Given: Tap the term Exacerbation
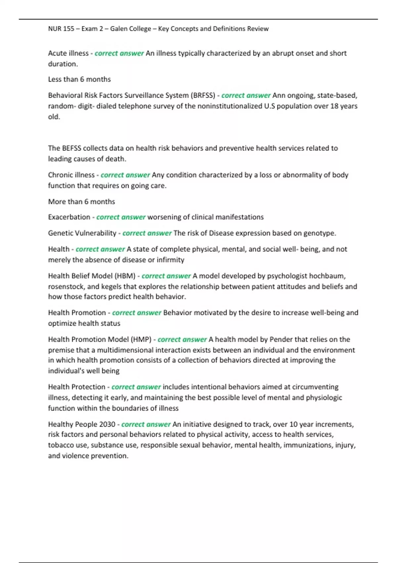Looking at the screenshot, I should click(69, 217).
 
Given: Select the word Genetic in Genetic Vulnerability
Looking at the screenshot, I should click(60, 233).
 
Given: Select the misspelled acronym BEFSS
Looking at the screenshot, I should click(71, 148).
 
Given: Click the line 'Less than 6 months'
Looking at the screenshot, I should click(79, 79).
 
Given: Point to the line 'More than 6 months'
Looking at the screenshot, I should click(81, 202).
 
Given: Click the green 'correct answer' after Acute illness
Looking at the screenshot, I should click(119, 53).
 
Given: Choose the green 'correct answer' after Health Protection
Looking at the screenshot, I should click(136, 387).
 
